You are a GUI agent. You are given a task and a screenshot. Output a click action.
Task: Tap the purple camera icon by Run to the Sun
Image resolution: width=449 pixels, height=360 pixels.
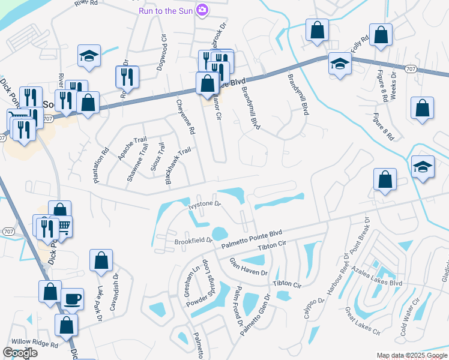[x=203, y=10]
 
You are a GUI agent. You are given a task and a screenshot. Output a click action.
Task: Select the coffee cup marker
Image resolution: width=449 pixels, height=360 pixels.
[x=72, y=298]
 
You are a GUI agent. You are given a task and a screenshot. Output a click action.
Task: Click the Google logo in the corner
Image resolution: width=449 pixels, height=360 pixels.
[x=20, y=353]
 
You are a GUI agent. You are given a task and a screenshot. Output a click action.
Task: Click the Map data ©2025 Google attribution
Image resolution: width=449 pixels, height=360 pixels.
[x=412, y=355]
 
